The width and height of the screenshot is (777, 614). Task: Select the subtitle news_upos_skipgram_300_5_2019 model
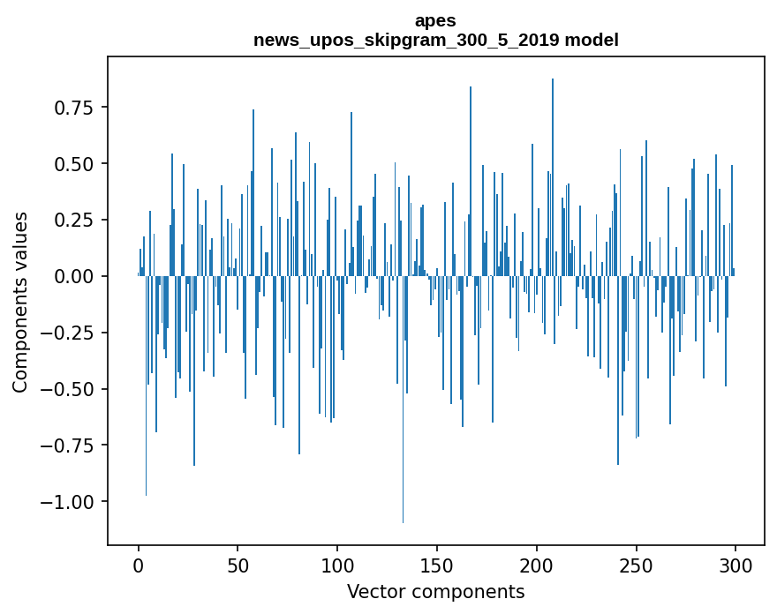point(435,40)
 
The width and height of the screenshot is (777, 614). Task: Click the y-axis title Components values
point(20,301)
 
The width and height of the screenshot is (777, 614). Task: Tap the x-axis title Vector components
point(435,592)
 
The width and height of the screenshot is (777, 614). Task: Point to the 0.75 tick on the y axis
point(74,108)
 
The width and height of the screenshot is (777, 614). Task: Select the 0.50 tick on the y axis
point(74,164)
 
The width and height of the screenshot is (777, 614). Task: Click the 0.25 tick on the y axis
point(74,220)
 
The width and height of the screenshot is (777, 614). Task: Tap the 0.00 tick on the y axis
point(74,276)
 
